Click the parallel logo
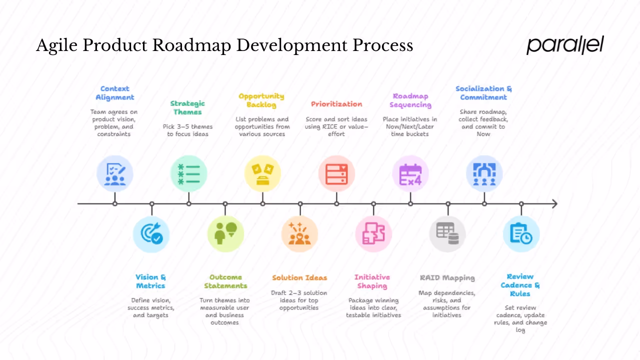tap(565, 45)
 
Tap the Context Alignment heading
tap(115, 93)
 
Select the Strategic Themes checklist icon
tap(188, 173)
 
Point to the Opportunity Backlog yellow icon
tap(262, 173)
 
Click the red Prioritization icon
tap(336, 173)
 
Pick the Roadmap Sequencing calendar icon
tap(410, 173)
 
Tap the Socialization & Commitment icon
tap(484, 173)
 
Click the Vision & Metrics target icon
tap(151, 234)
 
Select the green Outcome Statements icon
tap(225, 234)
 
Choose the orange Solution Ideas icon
tap(299, 234)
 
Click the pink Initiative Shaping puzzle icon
tap(373, 234)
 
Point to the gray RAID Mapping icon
tap(447, 234)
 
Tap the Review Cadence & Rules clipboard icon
tap(521, 234)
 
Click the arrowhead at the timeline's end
tap(554, 203)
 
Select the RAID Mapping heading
tap(447, 277)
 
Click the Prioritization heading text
tap(336, 104)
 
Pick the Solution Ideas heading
tap(299, 277)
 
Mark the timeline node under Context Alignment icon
tap(115, 203)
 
